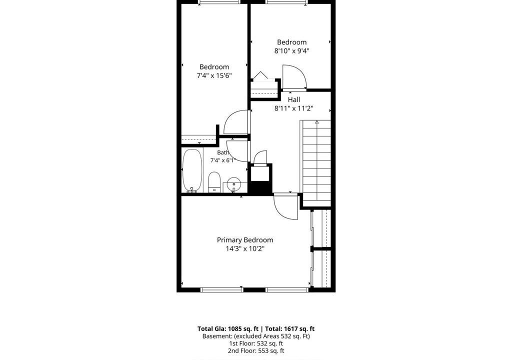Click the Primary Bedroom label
pos(245,240)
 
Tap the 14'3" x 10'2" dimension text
pos(245,249)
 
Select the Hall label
pos(294,99)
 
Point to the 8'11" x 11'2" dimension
pos(294,108)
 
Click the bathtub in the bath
pos(192,170)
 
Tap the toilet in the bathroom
pos(214,182)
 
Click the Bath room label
pos(223,152)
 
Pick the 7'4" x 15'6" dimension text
pos(214,76)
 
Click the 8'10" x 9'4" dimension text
pos(291,51)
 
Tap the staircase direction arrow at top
pos(316,122)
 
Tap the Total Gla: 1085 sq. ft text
pos(228,329)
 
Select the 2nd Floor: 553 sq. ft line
pos(256,351)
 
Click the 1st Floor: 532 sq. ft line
pos(256,343)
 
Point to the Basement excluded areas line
pos(256,336)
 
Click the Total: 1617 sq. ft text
pos(290,329)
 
